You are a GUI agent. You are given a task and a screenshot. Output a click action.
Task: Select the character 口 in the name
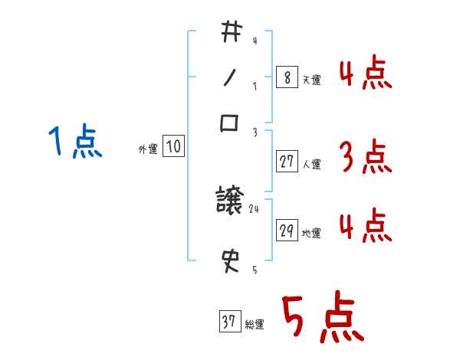(x=230, y=123)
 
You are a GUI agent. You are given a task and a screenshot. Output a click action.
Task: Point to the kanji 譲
(x=230, y=202)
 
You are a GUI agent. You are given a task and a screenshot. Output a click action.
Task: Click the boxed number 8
(x=287, y=77)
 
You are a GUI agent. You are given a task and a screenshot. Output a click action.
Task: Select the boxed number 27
(x=287, y=162)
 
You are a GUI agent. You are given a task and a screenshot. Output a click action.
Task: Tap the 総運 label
(x=255, y=325)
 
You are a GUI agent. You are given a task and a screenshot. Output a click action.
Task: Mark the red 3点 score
(x=365, y=158)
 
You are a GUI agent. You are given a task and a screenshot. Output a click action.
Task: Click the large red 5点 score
(x=323, y=319)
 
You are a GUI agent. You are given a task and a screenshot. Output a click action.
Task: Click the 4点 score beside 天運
(x=365, y=74)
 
